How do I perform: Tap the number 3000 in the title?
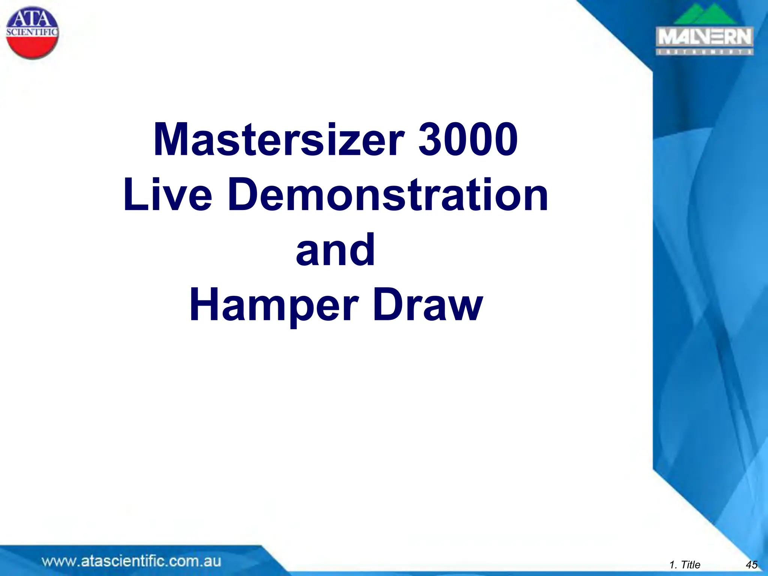(x=468, y=139)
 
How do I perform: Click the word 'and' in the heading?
(x=335, y=249)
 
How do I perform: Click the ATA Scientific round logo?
(x=33, y=33)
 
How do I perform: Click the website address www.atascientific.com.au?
(x=131, y=561)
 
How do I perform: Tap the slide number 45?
(x=751, y=565)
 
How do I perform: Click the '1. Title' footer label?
(x=685, y=565)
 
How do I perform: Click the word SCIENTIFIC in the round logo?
(x=32, y=32)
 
